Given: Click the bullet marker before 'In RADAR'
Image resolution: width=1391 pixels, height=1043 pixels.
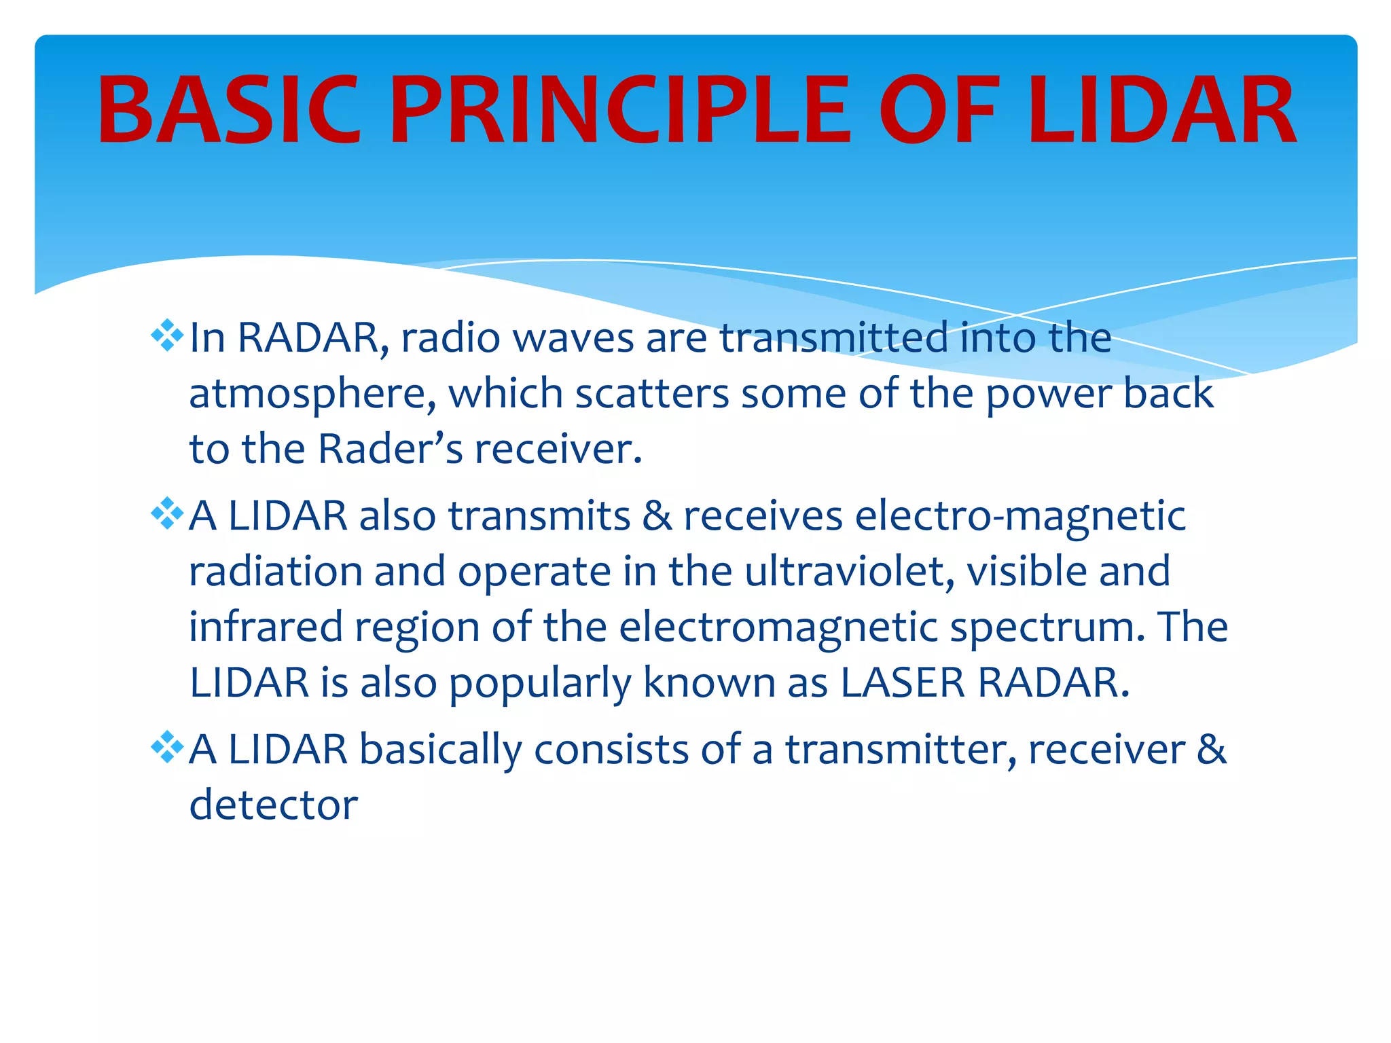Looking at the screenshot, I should coord(167,336).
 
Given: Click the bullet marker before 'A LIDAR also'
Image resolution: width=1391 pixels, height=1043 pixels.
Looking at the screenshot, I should coord(167,514).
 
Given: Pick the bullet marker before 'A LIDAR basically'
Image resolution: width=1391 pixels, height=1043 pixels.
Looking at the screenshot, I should coord(167,748).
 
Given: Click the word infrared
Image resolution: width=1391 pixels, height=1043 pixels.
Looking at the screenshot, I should coord(266,626).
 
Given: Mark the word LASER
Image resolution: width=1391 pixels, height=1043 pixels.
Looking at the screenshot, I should coord(903,682).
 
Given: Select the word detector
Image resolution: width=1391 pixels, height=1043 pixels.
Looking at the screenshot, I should coord(273,805).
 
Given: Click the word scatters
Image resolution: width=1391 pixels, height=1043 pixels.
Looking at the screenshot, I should coord(652,394).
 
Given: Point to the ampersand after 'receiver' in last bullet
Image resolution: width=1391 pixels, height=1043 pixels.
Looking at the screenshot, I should coord(1212,749).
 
